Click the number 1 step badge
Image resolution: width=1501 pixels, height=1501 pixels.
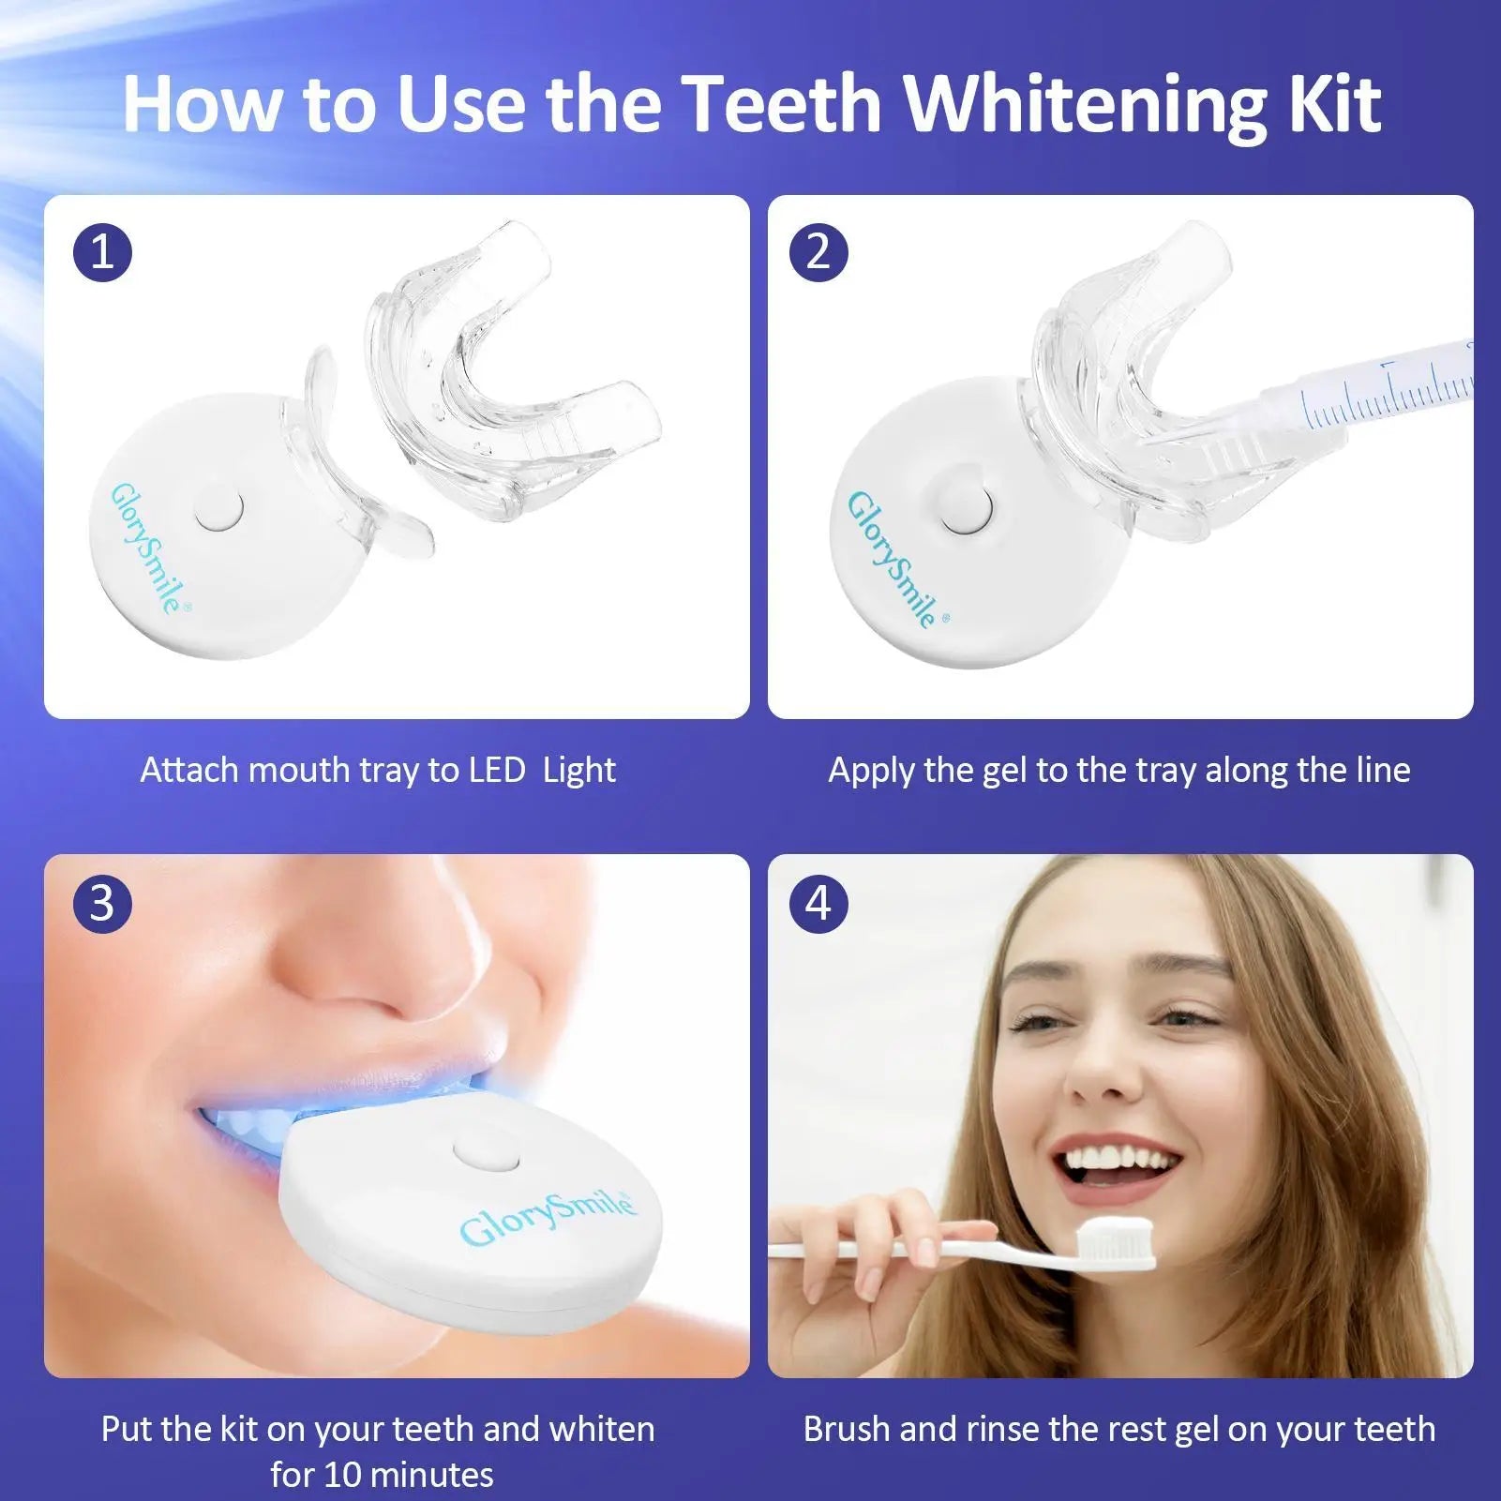click(x=102, y=252)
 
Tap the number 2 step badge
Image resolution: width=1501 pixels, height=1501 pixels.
click(x=818, y=252)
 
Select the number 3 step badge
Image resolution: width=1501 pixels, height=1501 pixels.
click(x=102, y=904)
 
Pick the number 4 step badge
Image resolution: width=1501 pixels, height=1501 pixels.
click(x=818, y=904)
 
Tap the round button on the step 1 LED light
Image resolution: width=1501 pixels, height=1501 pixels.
click(x=218, y=509)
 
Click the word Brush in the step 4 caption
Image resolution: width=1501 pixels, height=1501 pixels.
click(x=845, y=1430)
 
